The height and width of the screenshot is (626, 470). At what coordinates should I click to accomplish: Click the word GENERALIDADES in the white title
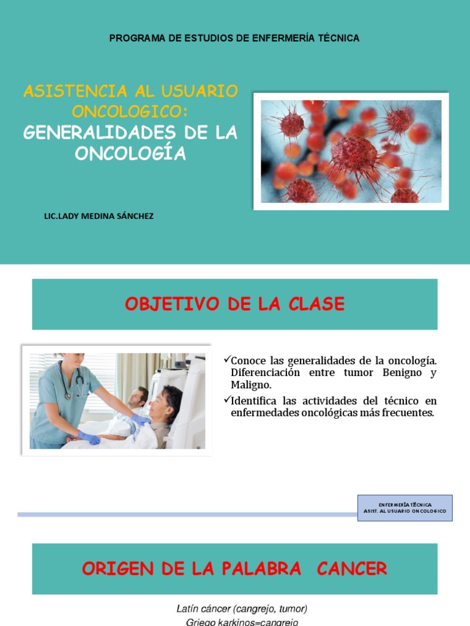pyautogui.click(x=86, y=133)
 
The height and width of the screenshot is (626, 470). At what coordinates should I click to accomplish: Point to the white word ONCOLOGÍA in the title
pyautogui.click(x=130, y=153)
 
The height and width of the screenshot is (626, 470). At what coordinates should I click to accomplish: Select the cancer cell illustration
pyautogui.click(x=351, y=151)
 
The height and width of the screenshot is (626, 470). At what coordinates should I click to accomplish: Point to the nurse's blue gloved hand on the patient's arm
pyautogui.click(x=140, y=420)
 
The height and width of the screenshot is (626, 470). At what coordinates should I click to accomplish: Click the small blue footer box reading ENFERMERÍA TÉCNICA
pyautogui.click(x=405, y=507)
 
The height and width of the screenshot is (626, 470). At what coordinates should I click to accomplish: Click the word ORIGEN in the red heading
pyautogui.click(x=116, y=569)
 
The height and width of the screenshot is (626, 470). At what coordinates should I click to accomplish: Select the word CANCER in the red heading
pyautogui.click(x=352, y=569)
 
